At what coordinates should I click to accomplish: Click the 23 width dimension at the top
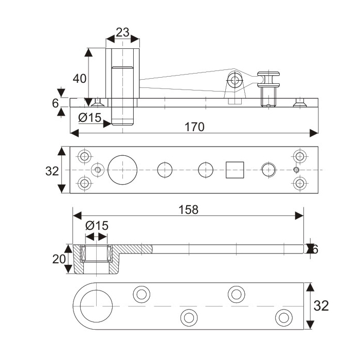[x=122, y=32]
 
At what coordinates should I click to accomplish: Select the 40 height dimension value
[x=79, y=78]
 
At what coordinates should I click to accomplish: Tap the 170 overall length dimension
[x=195, y=127]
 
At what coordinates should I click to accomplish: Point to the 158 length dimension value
[x=188, y=209]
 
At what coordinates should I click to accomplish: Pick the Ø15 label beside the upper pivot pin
[x=89, y=118]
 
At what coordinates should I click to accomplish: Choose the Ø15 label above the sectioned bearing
[x=97, y=225]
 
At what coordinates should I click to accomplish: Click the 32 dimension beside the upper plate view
[x=52, y=171]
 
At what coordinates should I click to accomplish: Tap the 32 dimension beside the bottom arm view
[x=321, y=305]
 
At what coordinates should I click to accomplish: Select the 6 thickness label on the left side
[x=56, y=103]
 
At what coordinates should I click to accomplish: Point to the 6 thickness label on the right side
[x=315, y=249]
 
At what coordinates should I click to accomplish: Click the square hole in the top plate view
[x=235, y=170]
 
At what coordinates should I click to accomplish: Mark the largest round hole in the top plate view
[x=123, y=169]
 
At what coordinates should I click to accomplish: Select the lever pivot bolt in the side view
[x=236, y=80]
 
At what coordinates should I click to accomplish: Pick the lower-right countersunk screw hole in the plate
[x=299, y=183]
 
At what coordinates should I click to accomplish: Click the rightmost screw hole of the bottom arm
[x=283, y=317]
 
